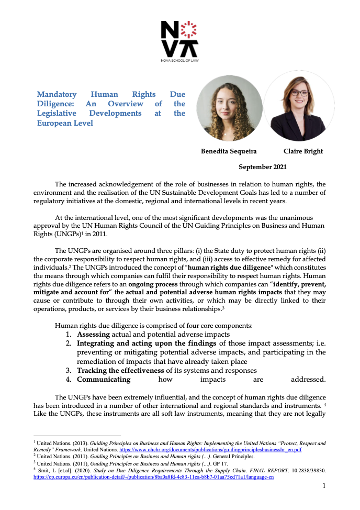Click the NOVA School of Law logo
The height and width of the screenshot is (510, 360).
179,41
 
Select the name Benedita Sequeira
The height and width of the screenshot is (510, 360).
229,151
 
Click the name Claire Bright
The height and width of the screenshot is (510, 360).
303,151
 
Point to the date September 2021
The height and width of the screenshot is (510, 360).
262,167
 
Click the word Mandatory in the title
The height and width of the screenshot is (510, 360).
57,94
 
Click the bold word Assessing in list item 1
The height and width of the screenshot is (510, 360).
93,334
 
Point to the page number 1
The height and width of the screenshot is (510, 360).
324,486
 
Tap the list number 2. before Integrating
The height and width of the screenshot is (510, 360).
69,343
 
